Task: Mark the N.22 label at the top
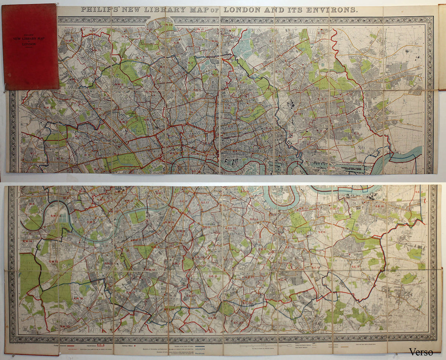click(x=169, y=25)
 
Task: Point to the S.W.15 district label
click(x=53, y=262)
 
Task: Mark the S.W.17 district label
click(x=130, y=292)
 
